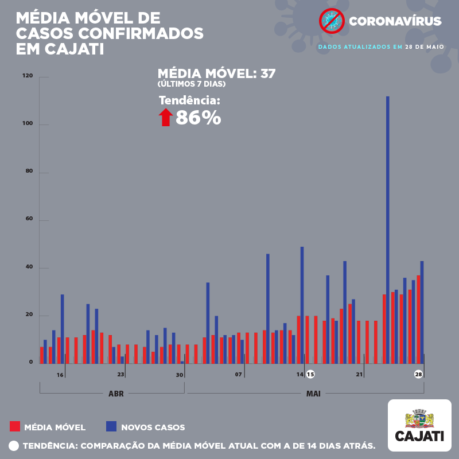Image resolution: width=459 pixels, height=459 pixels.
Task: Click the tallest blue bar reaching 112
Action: pos(387,229)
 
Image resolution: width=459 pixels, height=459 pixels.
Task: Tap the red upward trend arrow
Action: pos(166,117)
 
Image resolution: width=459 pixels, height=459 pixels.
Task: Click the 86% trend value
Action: pos(198,118)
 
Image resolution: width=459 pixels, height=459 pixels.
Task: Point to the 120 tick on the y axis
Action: pos(28,76)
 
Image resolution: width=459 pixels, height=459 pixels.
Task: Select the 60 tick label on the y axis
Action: pos(29,220)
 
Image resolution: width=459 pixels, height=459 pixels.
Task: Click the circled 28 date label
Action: pos(419,374)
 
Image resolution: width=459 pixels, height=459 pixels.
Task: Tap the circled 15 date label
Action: pos(310,374)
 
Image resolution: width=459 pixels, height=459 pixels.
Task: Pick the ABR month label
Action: pos(116,394)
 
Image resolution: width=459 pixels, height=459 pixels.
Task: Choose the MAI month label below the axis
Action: pos(313,394)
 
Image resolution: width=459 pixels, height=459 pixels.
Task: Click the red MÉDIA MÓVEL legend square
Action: pos(15,426)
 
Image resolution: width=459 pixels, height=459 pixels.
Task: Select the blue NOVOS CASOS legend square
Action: pos(111,426)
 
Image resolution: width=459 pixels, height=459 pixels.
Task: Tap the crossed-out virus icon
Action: pos(331,21)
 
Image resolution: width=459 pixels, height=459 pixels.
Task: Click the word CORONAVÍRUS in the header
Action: pos(395,22)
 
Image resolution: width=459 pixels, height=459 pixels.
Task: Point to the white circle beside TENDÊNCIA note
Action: pos(14,445)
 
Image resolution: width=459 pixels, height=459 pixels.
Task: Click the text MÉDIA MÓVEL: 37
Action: pos(216,73)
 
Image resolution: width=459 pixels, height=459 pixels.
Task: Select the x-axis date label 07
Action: pos(238,375)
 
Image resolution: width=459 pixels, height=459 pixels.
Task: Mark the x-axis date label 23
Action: pos(120,375)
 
